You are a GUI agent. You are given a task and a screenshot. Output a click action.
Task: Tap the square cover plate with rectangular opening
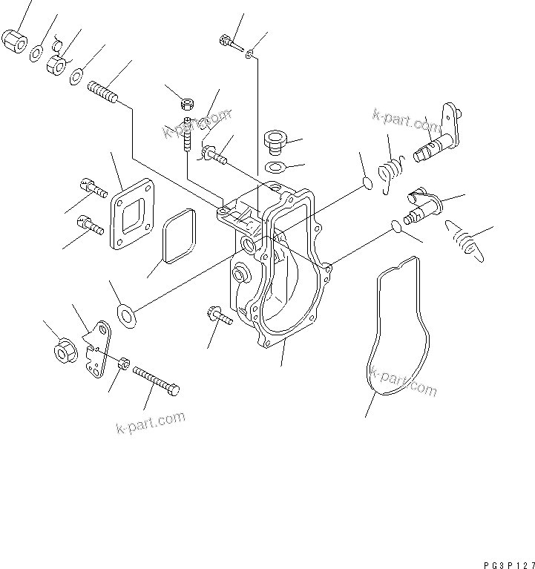tap(131, 214)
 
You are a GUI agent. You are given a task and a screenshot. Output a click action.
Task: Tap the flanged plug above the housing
tap(275, 141)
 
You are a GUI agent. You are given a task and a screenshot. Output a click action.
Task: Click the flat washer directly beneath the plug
tap(275, 168)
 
